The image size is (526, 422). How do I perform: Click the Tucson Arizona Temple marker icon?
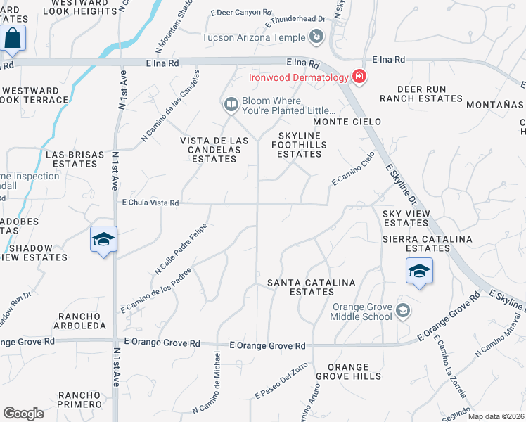pos(317,36)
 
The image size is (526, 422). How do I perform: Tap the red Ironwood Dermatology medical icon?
pos(359,76)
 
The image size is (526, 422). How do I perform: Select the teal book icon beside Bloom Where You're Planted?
pos(231,105)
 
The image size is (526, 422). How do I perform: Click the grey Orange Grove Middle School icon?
pos(403,310)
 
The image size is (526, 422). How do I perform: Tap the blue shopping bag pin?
pos(13,39)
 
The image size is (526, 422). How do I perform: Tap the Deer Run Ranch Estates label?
pos(421,94)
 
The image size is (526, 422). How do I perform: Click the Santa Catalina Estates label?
pos(312,288)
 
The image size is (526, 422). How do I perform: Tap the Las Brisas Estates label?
pos(71,159)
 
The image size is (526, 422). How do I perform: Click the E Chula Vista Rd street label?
pos(150,203)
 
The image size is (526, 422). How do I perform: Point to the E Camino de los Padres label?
pos(155,290)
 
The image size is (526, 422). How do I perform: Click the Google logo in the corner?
pos(24,414)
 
